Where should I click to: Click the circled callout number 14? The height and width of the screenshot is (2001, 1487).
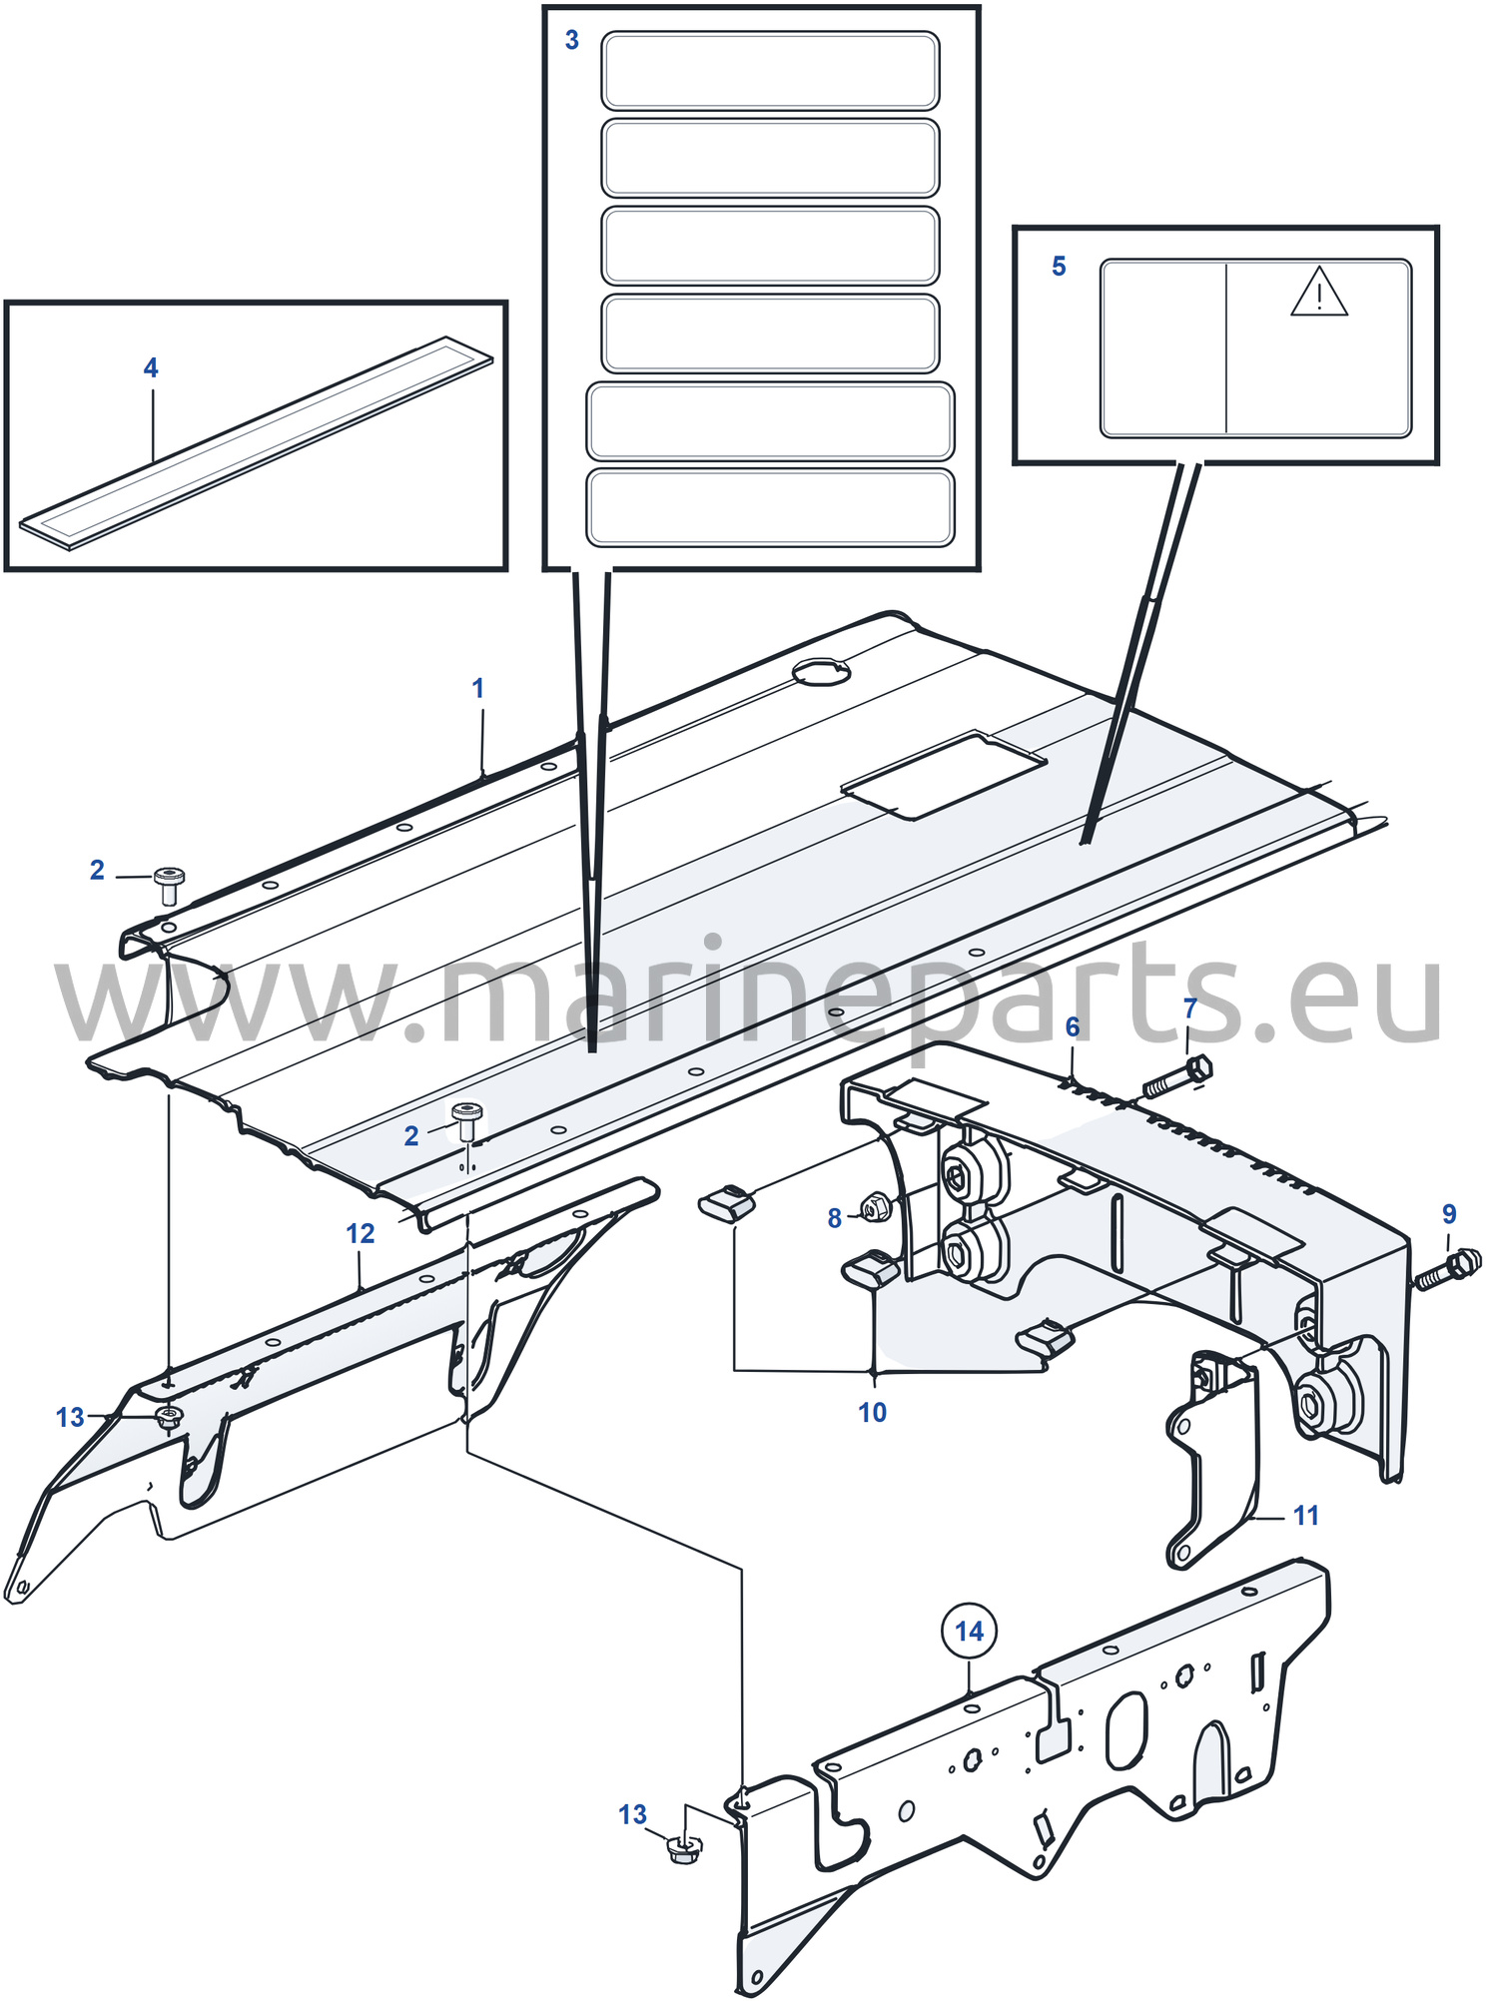pos(969,1631)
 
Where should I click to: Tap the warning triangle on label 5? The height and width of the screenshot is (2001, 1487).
pos(1319,292)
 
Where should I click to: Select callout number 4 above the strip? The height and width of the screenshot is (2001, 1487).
pos(151,368)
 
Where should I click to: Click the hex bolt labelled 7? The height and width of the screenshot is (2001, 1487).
pos(1177,1078)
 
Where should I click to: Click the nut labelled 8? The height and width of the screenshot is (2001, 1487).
pos(876,1208)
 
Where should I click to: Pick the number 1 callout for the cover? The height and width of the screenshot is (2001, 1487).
pos(478,688)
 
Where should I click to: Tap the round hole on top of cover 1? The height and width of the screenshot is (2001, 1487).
pos(821,672)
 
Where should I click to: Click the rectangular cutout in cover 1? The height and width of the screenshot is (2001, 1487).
pos(944,775)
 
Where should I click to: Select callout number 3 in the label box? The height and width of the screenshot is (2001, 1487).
pos(572,40)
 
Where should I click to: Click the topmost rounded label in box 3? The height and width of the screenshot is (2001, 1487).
pos(770,71)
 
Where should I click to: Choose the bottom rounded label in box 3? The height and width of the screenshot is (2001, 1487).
pos(770,508)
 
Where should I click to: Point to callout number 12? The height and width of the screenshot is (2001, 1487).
pos(361,1234)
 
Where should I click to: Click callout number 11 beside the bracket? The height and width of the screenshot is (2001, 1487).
pos(1306,1516)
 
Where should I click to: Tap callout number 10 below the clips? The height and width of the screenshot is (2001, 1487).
pos(873,1413)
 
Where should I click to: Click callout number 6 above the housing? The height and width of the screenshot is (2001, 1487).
pos(1073,1027)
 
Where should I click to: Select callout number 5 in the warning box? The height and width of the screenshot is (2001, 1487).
pos(1059,267)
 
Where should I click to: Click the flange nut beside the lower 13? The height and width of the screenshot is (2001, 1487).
pos(685,1848)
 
